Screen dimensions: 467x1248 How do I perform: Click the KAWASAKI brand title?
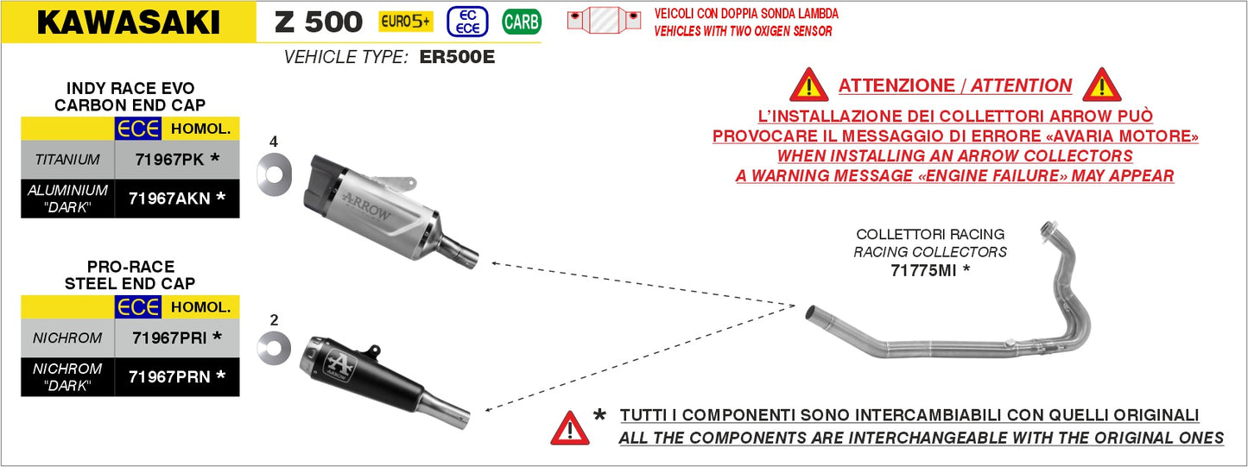[x=128, y=22]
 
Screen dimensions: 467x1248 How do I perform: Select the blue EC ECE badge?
[x=467, y=22]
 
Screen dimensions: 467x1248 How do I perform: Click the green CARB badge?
[x=521, y=22]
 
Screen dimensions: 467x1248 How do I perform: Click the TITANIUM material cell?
[x=67, y=160]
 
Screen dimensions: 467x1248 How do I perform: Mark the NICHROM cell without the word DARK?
[x=67, y=338]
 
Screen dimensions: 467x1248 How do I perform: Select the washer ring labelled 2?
[x=274, y=348]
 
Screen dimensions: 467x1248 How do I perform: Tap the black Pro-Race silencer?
[x=363, y=375]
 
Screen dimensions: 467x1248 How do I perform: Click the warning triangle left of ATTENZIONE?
[x=808, y=85]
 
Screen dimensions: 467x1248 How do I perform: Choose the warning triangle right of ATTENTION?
[x=1101, y=85]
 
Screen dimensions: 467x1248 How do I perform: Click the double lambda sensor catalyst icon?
[x=604, y=20]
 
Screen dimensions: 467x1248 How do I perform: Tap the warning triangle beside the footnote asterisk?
[x=570, y=428]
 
